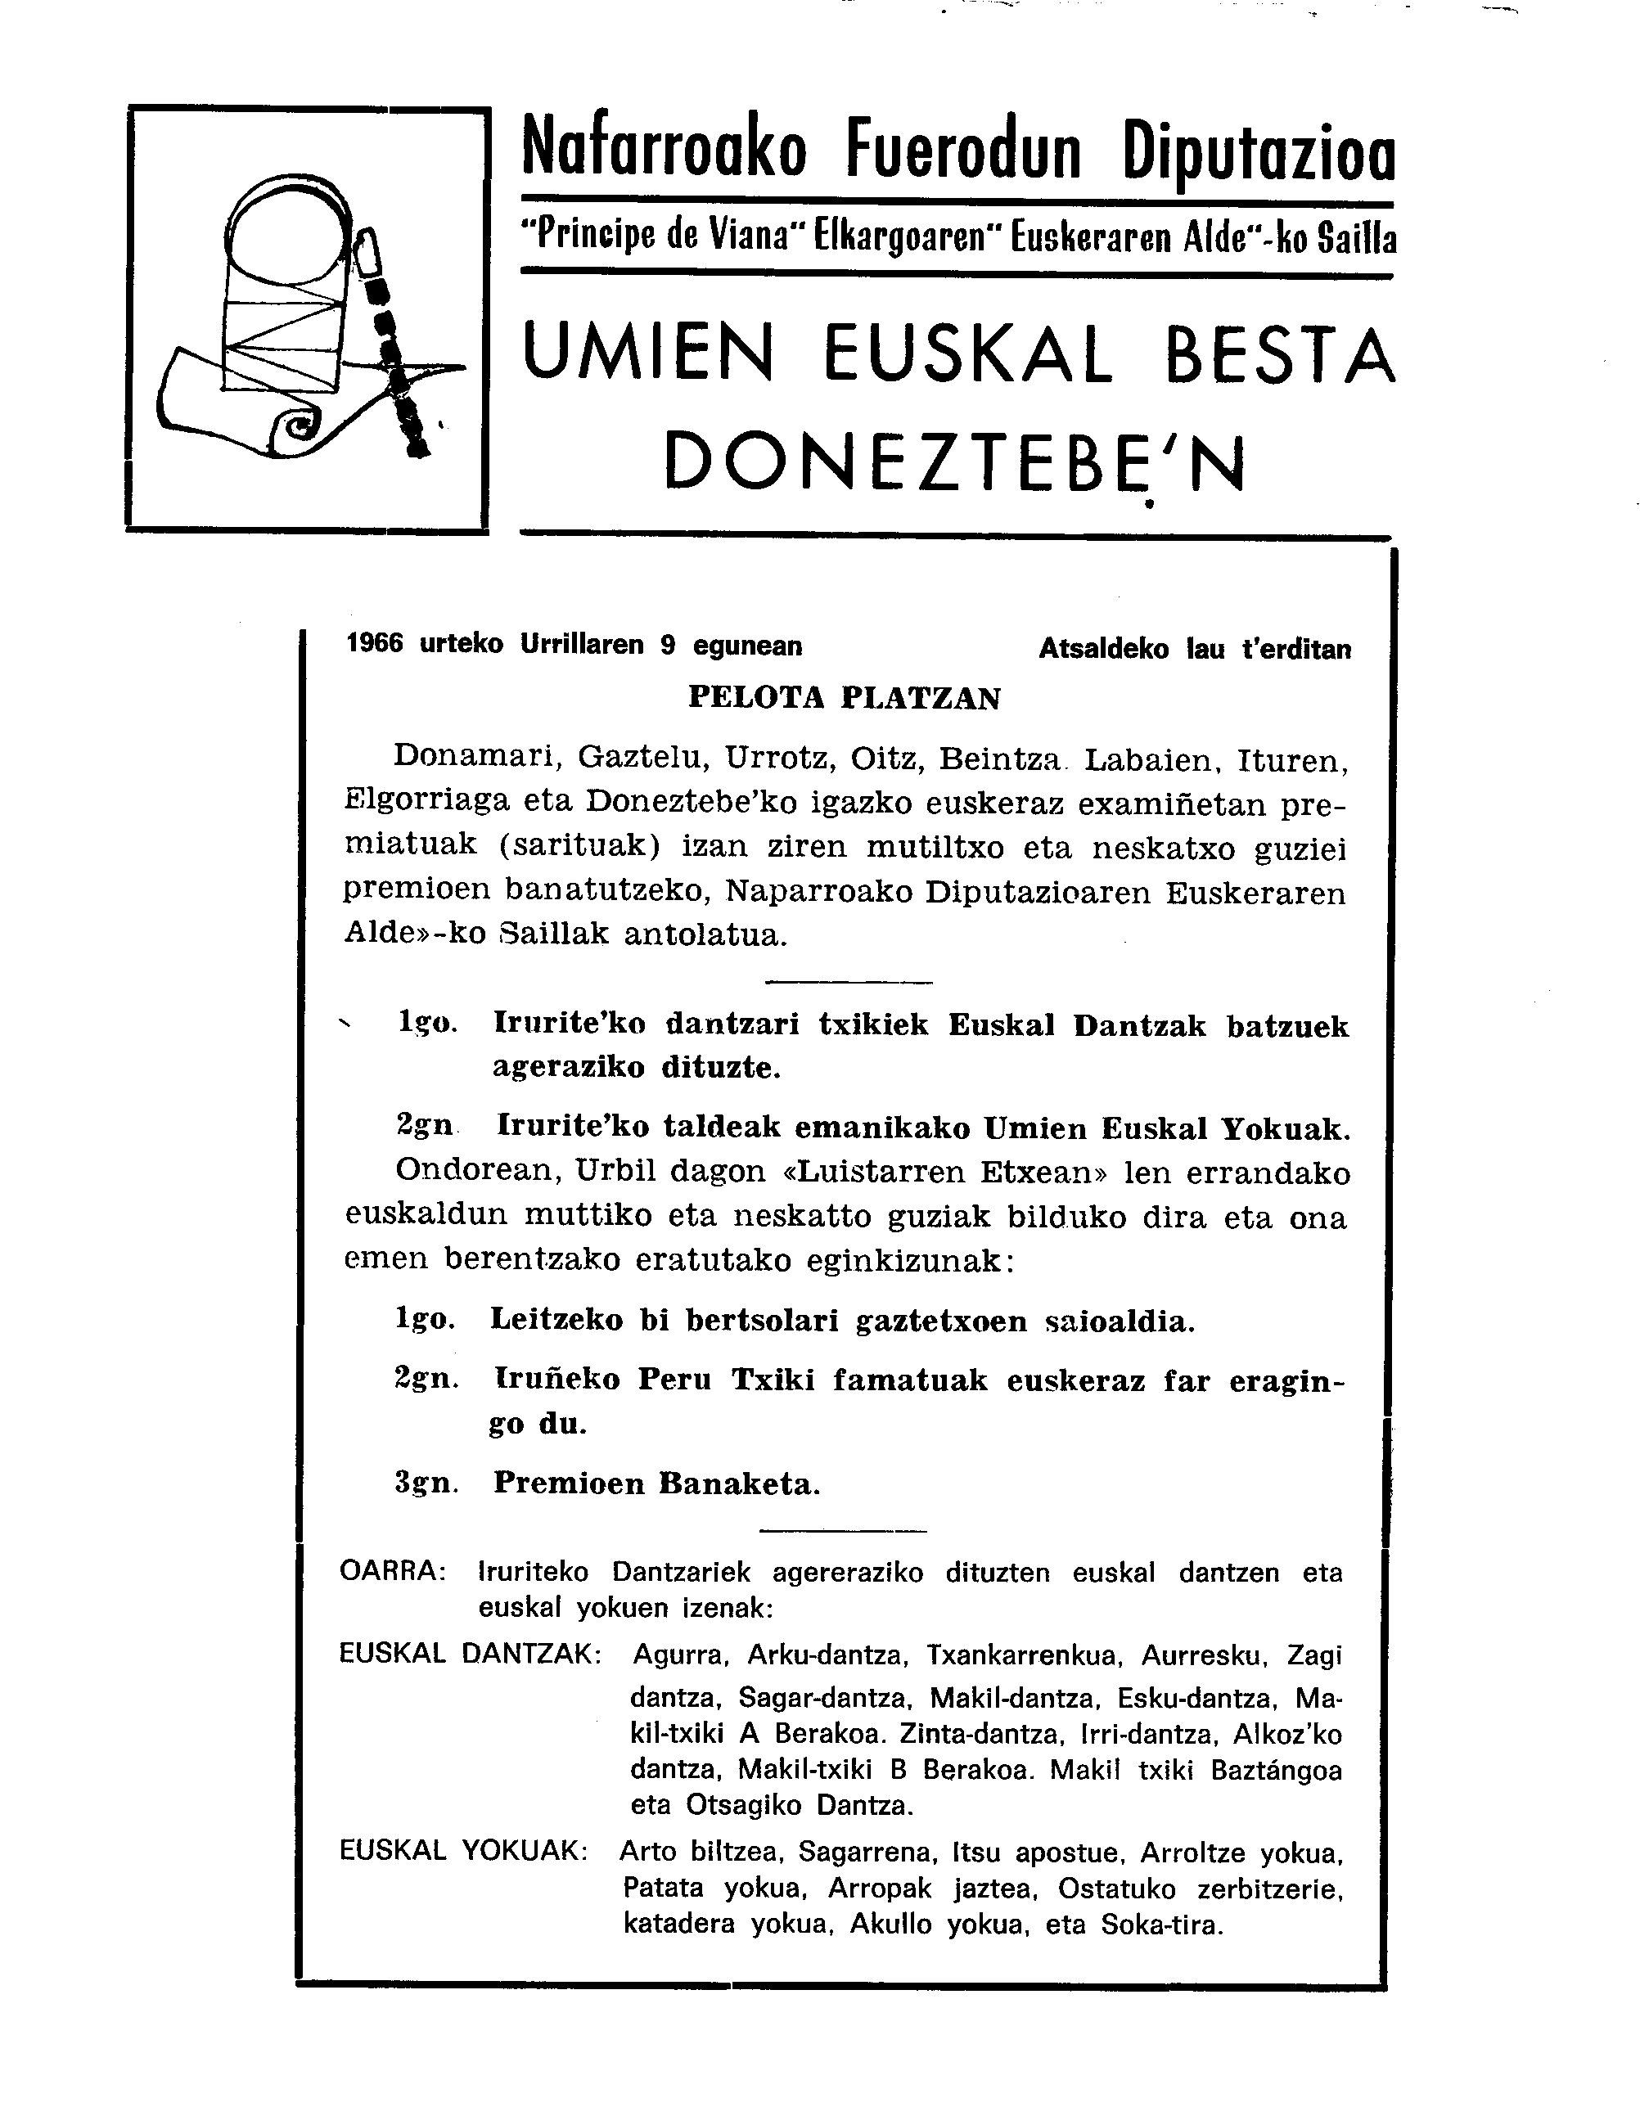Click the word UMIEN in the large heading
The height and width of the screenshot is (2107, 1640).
pos(648,354)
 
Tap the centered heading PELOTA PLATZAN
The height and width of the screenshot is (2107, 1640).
pos(844,697)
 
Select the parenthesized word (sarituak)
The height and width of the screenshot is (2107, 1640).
pos(579,846)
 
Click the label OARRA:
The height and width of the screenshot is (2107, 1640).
pos(393,1572)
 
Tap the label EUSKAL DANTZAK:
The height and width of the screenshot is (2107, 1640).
pos(470,1654)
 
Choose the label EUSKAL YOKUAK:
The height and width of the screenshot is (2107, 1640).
pos(463,1849)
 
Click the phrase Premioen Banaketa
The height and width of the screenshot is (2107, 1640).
pos(656,1483)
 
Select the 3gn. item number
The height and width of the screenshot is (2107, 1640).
pos(426,1483)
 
